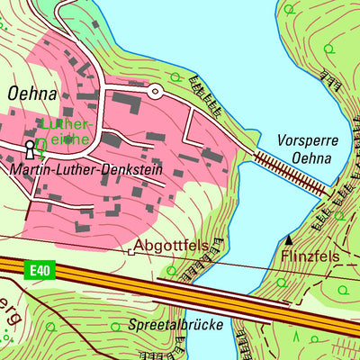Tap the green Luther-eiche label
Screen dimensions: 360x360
(x=67, y=131)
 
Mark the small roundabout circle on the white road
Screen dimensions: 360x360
(x=154, y=91)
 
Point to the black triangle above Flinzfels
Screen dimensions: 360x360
(x=289, y=239)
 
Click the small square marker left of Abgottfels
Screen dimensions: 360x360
(x=130, y=253)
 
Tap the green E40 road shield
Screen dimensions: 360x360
(x=35, y=270)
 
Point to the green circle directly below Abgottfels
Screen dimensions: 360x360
(x=171, y=270)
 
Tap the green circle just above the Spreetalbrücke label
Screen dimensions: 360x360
(x=115, y=327)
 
